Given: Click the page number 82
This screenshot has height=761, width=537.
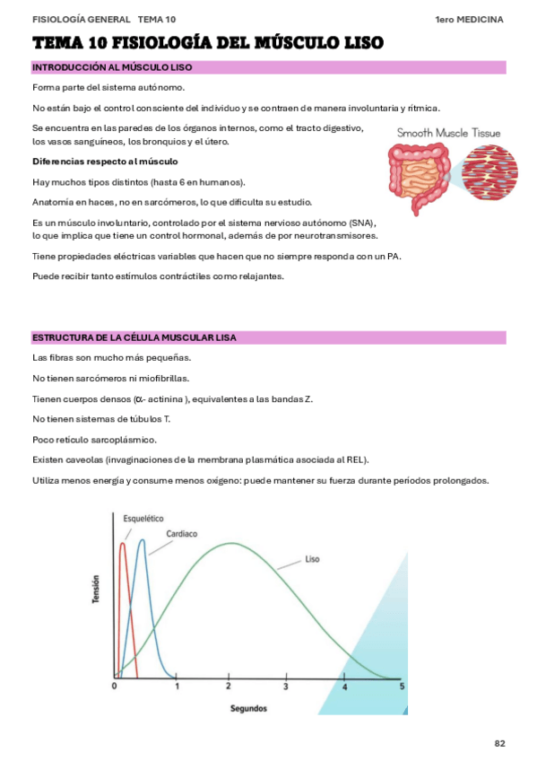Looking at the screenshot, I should [500, 743].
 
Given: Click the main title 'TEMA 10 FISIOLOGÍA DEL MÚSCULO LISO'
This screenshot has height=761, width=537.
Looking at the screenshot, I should [208, 42].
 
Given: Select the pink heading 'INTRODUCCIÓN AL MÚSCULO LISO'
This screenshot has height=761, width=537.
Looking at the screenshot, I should [111, 67].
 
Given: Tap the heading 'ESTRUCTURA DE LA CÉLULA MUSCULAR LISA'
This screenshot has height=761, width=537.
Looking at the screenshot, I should [147, 337].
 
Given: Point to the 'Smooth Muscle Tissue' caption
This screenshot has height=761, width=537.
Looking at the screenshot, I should [448, 133].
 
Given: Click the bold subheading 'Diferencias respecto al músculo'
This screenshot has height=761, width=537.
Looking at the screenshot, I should [105, 162].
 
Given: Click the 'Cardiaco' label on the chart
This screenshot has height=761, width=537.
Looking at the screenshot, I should [182, 533].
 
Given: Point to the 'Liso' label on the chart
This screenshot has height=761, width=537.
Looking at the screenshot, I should [312, 559].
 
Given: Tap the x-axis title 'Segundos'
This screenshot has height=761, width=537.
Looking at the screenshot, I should [248, 708].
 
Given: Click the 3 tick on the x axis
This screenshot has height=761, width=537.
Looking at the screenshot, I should [286, 687].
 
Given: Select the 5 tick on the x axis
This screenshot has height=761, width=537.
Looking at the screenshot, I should [402, 687].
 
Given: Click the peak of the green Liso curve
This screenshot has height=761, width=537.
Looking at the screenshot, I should [232, 543].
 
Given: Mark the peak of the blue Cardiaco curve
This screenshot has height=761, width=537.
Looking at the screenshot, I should [141, 540].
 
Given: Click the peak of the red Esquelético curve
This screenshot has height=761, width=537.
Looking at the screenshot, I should [123, 543].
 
